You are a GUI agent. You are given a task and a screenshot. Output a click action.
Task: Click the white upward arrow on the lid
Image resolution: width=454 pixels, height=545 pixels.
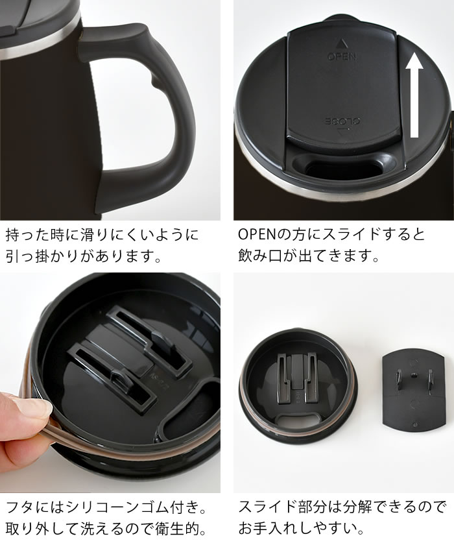pos(414,95)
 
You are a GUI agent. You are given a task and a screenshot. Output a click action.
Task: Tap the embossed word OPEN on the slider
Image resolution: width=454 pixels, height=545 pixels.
pos(342,56)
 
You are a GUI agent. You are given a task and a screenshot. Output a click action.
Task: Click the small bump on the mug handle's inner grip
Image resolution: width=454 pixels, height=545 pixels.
pos(155,82)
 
